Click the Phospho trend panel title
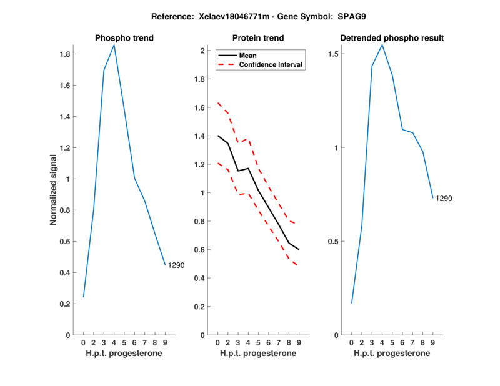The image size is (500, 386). tap(124, 38)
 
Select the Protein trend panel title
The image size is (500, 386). tap(258, 38)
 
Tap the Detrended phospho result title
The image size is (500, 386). tap(392, 38)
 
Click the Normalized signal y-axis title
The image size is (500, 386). tap(54, 190)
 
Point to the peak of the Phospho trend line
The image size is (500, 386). tap(114, 45)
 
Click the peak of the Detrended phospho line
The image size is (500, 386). tap(382, 45)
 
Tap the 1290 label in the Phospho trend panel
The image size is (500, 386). tap(176, 265)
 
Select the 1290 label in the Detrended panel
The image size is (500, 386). tap(444, 199)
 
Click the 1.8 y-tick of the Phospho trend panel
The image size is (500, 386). tap(64, 54)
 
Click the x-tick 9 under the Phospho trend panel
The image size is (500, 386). tap(165, 342)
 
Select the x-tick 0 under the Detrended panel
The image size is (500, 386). tap(351, 342)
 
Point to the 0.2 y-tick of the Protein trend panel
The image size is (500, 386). tap(200, 307)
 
